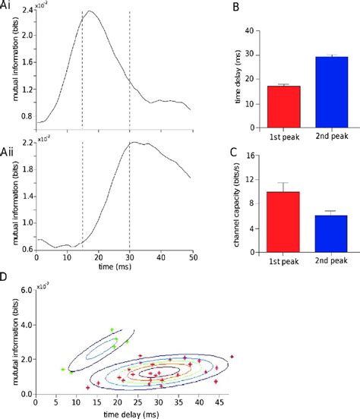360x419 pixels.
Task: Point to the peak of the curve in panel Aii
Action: (134, 142)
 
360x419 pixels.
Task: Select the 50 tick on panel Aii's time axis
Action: (188, 258)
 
